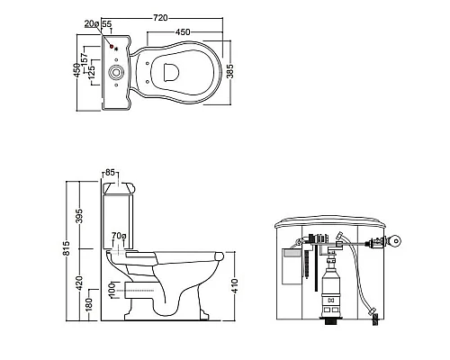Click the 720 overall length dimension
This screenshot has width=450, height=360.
click(x=160, y=18)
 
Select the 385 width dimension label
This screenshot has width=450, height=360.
click(x=229, y=71)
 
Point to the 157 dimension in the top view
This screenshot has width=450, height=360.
click(x=85, y=58)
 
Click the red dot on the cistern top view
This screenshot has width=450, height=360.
click(x=112, y=47)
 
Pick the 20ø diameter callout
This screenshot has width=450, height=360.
click(x=92, y=23)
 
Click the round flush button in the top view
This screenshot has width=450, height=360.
click(x=115, y=72)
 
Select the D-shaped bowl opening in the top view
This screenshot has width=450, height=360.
click(x=171, y=72)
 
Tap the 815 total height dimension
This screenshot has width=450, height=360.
click(x=67, y=248)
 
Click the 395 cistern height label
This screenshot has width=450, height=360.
click(x=79, y=216)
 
